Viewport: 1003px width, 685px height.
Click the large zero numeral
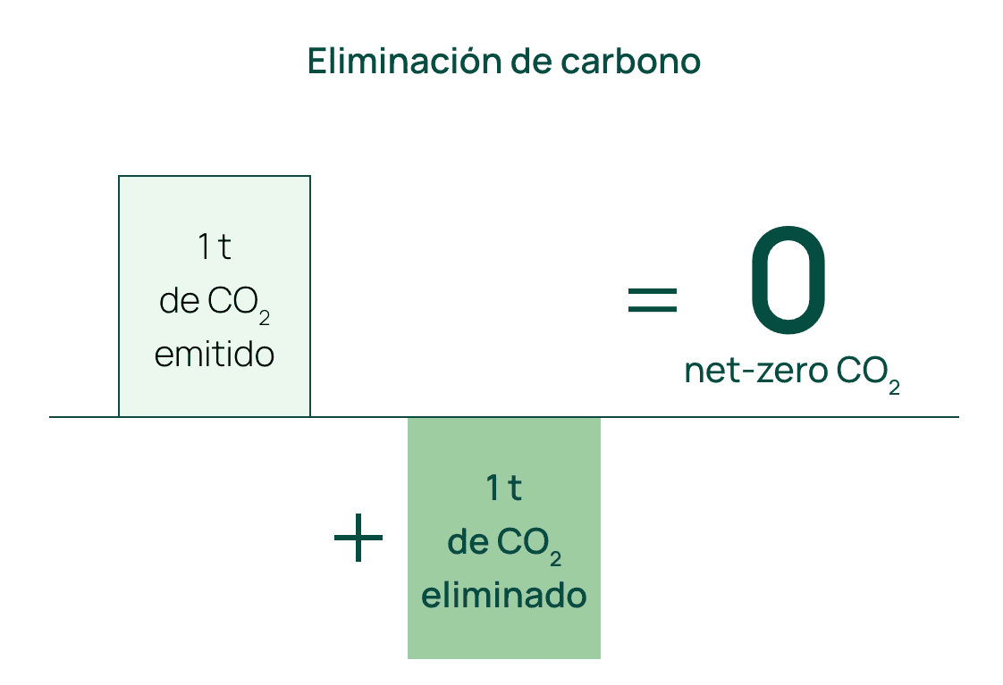[788, 278]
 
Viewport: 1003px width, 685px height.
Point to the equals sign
[652, 299]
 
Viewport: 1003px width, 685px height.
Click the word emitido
[215, 355]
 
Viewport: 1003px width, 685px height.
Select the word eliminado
[503, 595]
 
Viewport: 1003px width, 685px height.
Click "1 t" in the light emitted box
[215, 247]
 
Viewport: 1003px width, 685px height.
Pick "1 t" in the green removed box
[503, 489]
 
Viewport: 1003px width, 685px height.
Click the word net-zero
[755, 371]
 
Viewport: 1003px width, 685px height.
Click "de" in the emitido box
[179, 302]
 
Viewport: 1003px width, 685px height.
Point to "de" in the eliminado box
[466, 542]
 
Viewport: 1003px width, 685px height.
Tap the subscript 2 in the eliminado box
[556, 558]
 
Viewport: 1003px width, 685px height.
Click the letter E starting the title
[316, 61]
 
